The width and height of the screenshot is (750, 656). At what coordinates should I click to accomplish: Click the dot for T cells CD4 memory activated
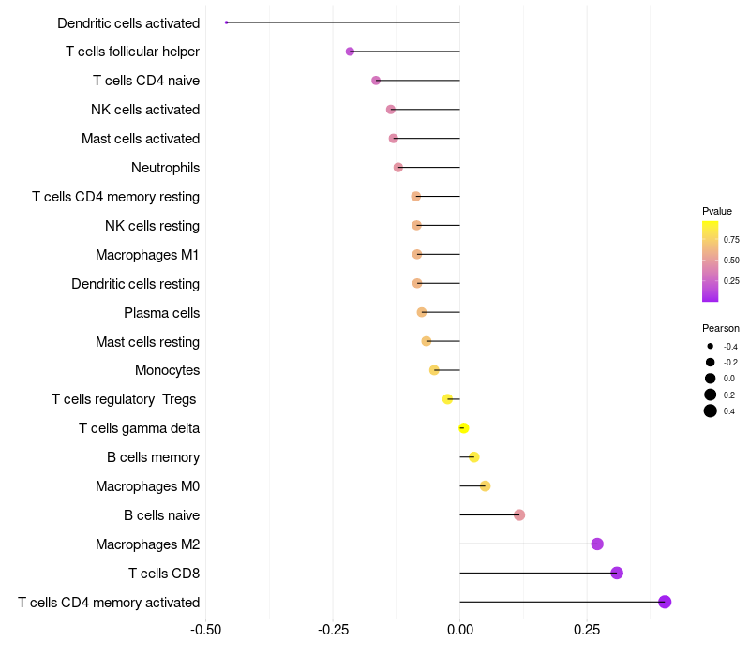tap(665, 602)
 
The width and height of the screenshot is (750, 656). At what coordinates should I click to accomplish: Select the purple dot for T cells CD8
tap(617, 573)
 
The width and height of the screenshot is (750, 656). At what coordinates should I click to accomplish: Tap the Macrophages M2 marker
tap(597, 544)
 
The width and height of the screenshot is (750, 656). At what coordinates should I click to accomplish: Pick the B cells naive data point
tap(519, 514)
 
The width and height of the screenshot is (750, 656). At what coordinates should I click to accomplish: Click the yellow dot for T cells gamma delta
tap(463, 428)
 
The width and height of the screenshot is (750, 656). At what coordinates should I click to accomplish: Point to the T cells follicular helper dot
tap(350, 52)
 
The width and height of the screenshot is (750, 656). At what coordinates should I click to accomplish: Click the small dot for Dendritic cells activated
tap(227, 22)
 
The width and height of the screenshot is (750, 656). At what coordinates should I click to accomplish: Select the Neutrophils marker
tap(398, 168)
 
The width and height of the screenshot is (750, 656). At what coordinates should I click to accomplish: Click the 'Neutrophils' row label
tap(165, 168)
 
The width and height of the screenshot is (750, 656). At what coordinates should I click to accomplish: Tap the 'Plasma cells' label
tap(161, 312)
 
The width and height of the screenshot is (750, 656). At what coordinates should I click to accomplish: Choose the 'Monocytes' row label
tap(167, 370)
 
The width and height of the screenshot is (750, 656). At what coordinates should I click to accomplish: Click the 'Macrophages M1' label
tap(147, 255)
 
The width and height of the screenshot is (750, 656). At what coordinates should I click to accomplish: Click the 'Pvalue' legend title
tap(717, 211)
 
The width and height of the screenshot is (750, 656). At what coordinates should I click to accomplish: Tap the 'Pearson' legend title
tap(721, 328)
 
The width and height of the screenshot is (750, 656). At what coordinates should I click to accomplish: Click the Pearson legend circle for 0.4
tap(711, 410)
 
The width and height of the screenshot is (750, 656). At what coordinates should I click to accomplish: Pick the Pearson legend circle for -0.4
tap(711, 347)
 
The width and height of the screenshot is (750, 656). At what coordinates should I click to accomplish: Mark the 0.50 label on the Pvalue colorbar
tap(731, 260)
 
